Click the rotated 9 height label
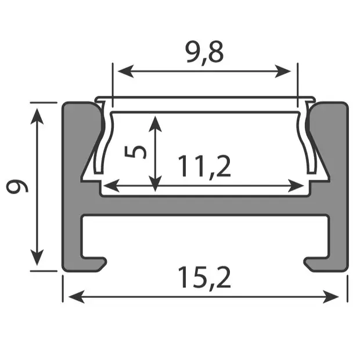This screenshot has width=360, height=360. [x=17, y=186]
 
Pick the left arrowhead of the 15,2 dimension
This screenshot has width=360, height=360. [x=73, y=297]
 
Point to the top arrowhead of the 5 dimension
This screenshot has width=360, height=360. [x=155, y=121]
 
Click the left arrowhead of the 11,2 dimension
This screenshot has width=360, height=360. [x=108, y=186]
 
